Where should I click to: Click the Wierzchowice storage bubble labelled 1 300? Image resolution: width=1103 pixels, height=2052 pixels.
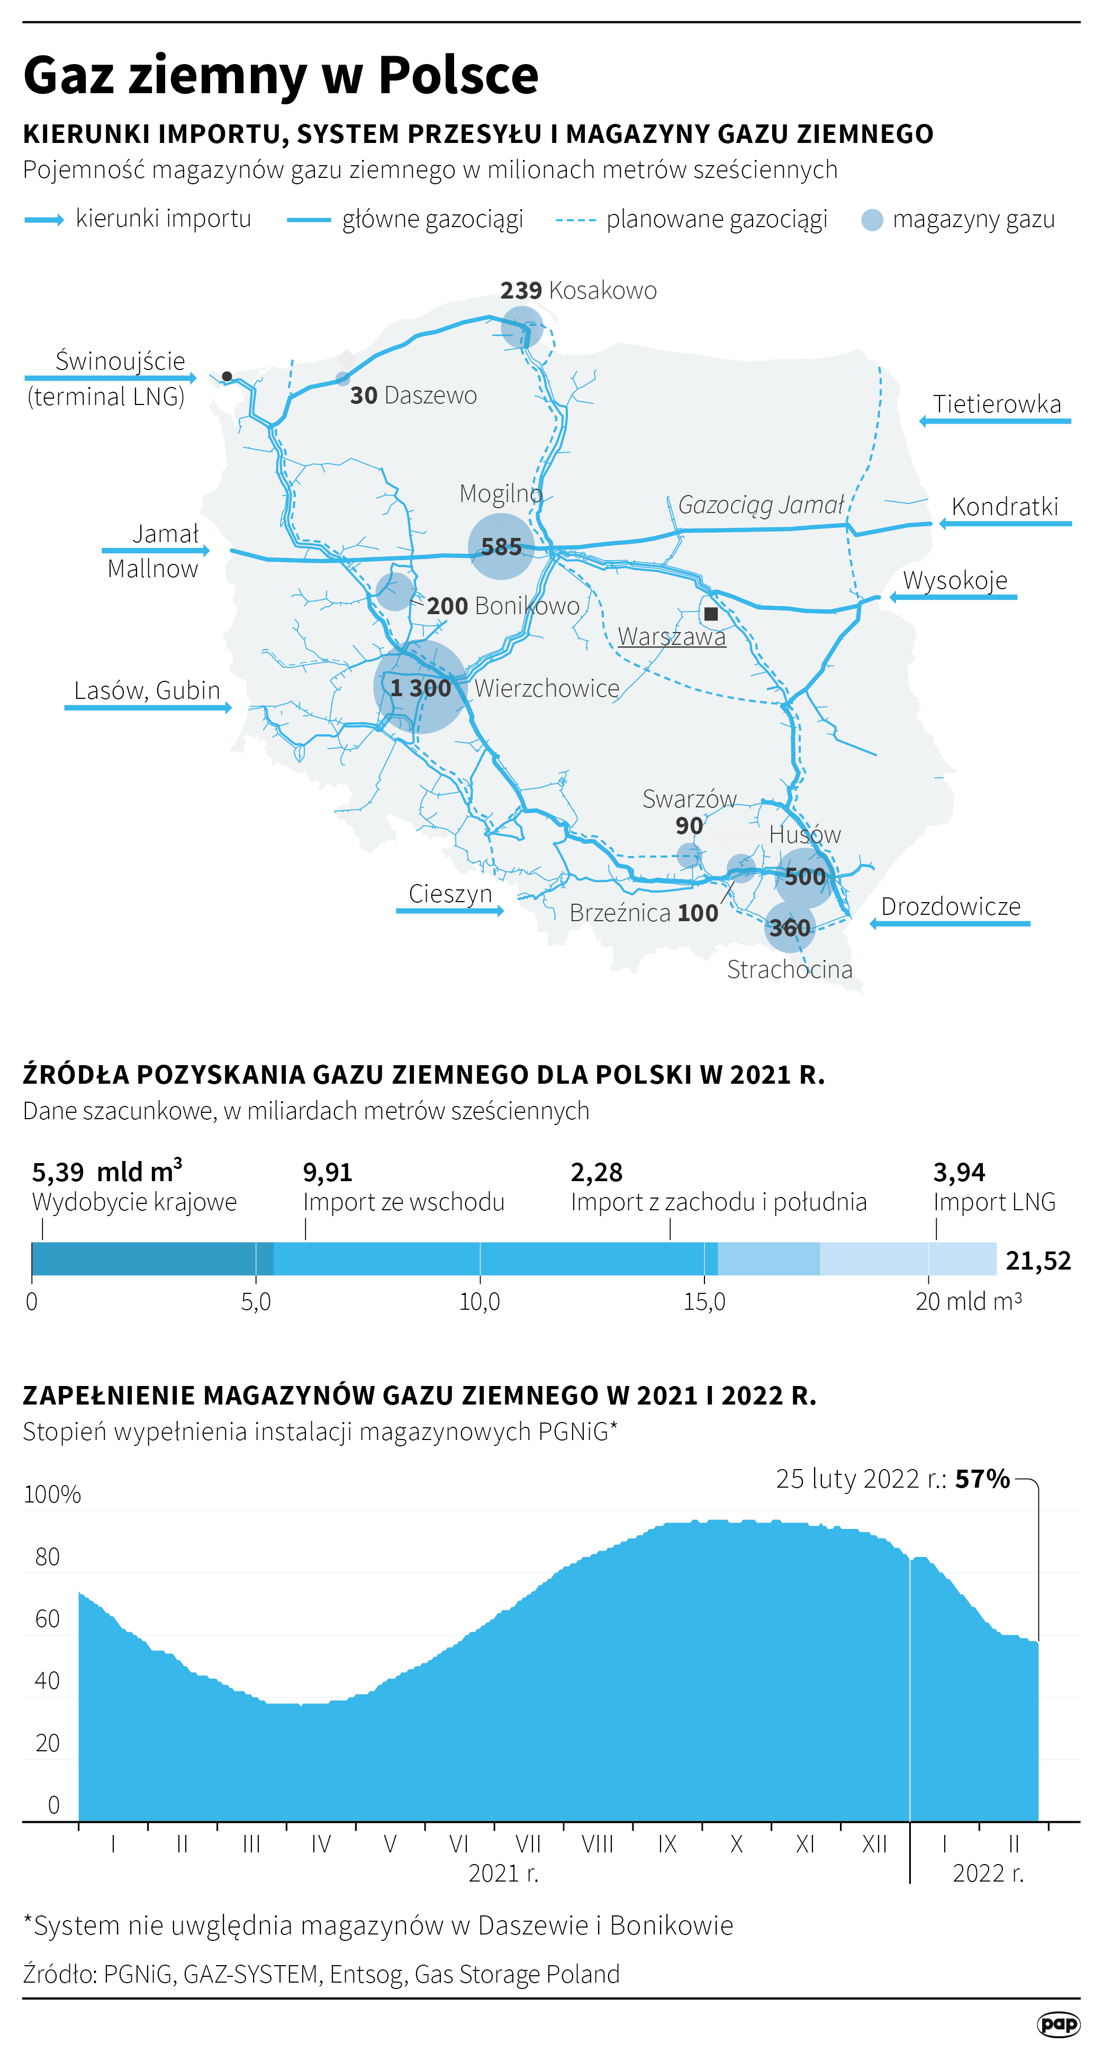click(x=420, y=687)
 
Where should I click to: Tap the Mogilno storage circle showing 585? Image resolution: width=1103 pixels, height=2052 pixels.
click(x=501, y=546)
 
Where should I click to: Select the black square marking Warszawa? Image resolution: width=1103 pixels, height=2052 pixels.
click(x=711, y=614)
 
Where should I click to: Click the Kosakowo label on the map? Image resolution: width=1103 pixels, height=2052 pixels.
click(x=602, y=291)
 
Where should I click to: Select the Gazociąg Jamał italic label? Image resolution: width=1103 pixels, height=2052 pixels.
click(x=761, y=505)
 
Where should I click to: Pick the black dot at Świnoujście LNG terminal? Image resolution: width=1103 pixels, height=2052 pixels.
click(x=227, y=376)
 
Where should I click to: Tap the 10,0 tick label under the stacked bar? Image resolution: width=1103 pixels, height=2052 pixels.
click(x=480, y=1302)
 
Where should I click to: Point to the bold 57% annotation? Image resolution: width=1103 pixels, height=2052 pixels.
click(x=982, y=1479)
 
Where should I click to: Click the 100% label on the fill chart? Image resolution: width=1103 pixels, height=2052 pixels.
click(x=52, y=1495)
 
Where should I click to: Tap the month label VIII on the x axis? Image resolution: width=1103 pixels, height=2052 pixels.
click(x=598, y=1843)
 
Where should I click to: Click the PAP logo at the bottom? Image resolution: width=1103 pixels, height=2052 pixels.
click(x=1059, y=2023)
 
